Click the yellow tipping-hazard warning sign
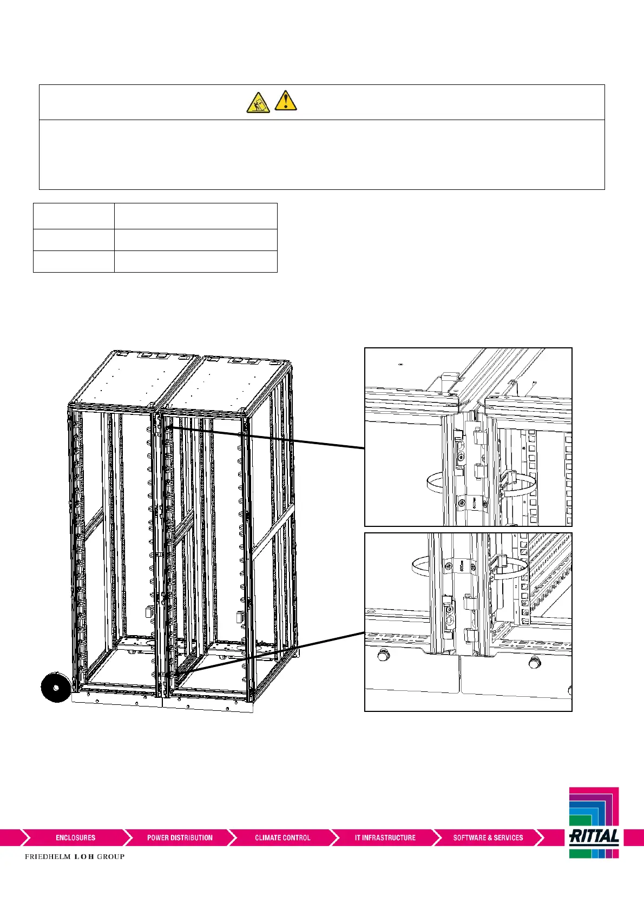click(258, 102)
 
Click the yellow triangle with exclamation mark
click(285, 101)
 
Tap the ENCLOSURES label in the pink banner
click(75, 837)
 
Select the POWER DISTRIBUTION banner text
click(180, 837)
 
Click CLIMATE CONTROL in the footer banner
click(282, 837)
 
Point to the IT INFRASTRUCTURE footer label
click(385, 837)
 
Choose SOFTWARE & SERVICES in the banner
click(488, 837)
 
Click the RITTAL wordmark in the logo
click(594, 837)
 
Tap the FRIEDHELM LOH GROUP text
click(75, 856)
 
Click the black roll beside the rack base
click(55, 686)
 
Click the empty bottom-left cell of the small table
click(74, 261)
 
